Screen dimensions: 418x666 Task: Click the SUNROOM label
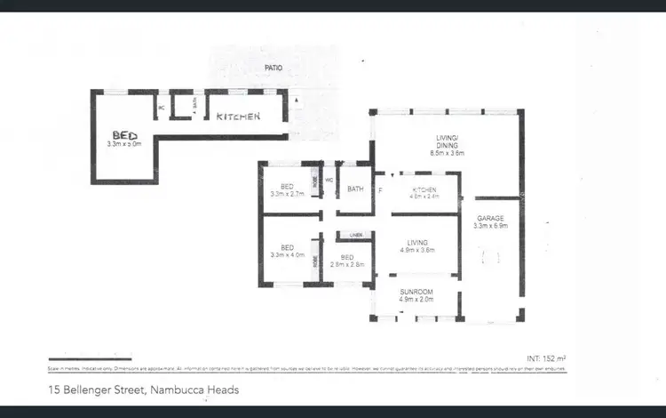(x=416, y=291)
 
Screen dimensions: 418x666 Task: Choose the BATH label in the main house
(x=355, y=189)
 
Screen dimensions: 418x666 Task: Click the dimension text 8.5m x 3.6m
(x=447, y=153)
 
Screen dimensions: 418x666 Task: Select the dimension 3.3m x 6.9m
(x=491, y=226)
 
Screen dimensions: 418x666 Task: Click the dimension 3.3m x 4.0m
(x=287, y=254)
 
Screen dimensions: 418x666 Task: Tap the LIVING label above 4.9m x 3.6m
(x=417, y=242)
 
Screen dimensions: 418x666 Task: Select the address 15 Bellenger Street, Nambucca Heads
(x=143, y=390)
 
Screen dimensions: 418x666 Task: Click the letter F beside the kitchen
(x=380, y=189)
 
